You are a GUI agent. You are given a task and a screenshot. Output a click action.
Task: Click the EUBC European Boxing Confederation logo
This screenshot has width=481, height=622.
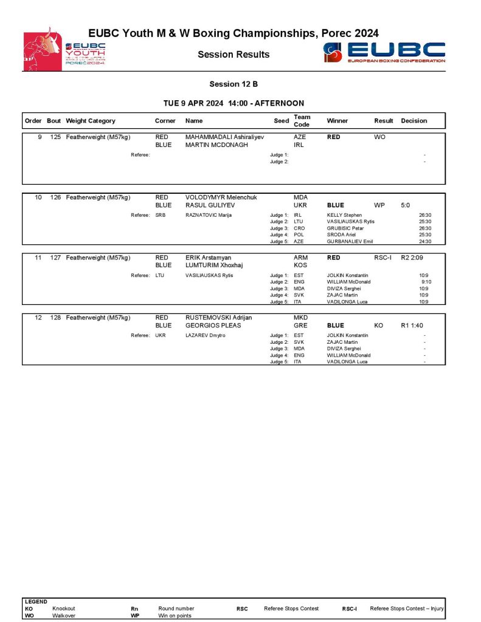coord(384,52)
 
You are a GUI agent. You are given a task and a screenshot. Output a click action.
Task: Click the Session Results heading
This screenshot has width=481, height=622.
coord(234,55)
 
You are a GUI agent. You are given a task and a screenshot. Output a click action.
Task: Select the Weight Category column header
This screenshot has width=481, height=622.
coord(91,121)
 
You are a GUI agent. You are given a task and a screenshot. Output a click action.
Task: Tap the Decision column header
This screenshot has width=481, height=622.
coord(414,121)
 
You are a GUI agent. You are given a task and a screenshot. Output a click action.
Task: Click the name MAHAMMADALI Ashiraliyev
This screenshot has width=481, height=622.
coord(224,137)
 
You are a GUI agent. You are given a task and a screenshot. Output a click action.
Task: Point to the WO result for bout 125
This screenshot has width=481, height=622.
coord(379,137)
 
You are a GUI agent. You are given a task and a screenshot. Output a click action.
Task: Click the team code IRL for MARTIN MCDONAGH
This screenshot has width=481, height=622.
coord(299,145)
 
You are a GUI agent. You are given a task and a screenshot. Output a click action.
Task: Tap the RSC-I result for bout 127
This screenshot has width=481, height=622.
coord(382,258)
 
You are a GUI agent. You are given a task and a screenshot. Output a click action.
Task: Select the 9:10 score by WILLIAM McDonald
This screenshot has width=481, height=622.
coord(426,282)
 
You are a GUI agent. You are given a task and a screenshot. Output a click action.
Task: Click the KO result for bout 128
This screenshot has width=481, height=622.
coord(378,326)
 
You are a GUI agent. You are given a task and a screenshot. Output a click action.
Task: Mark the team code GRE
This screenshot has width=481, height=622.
coord(300,326)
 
